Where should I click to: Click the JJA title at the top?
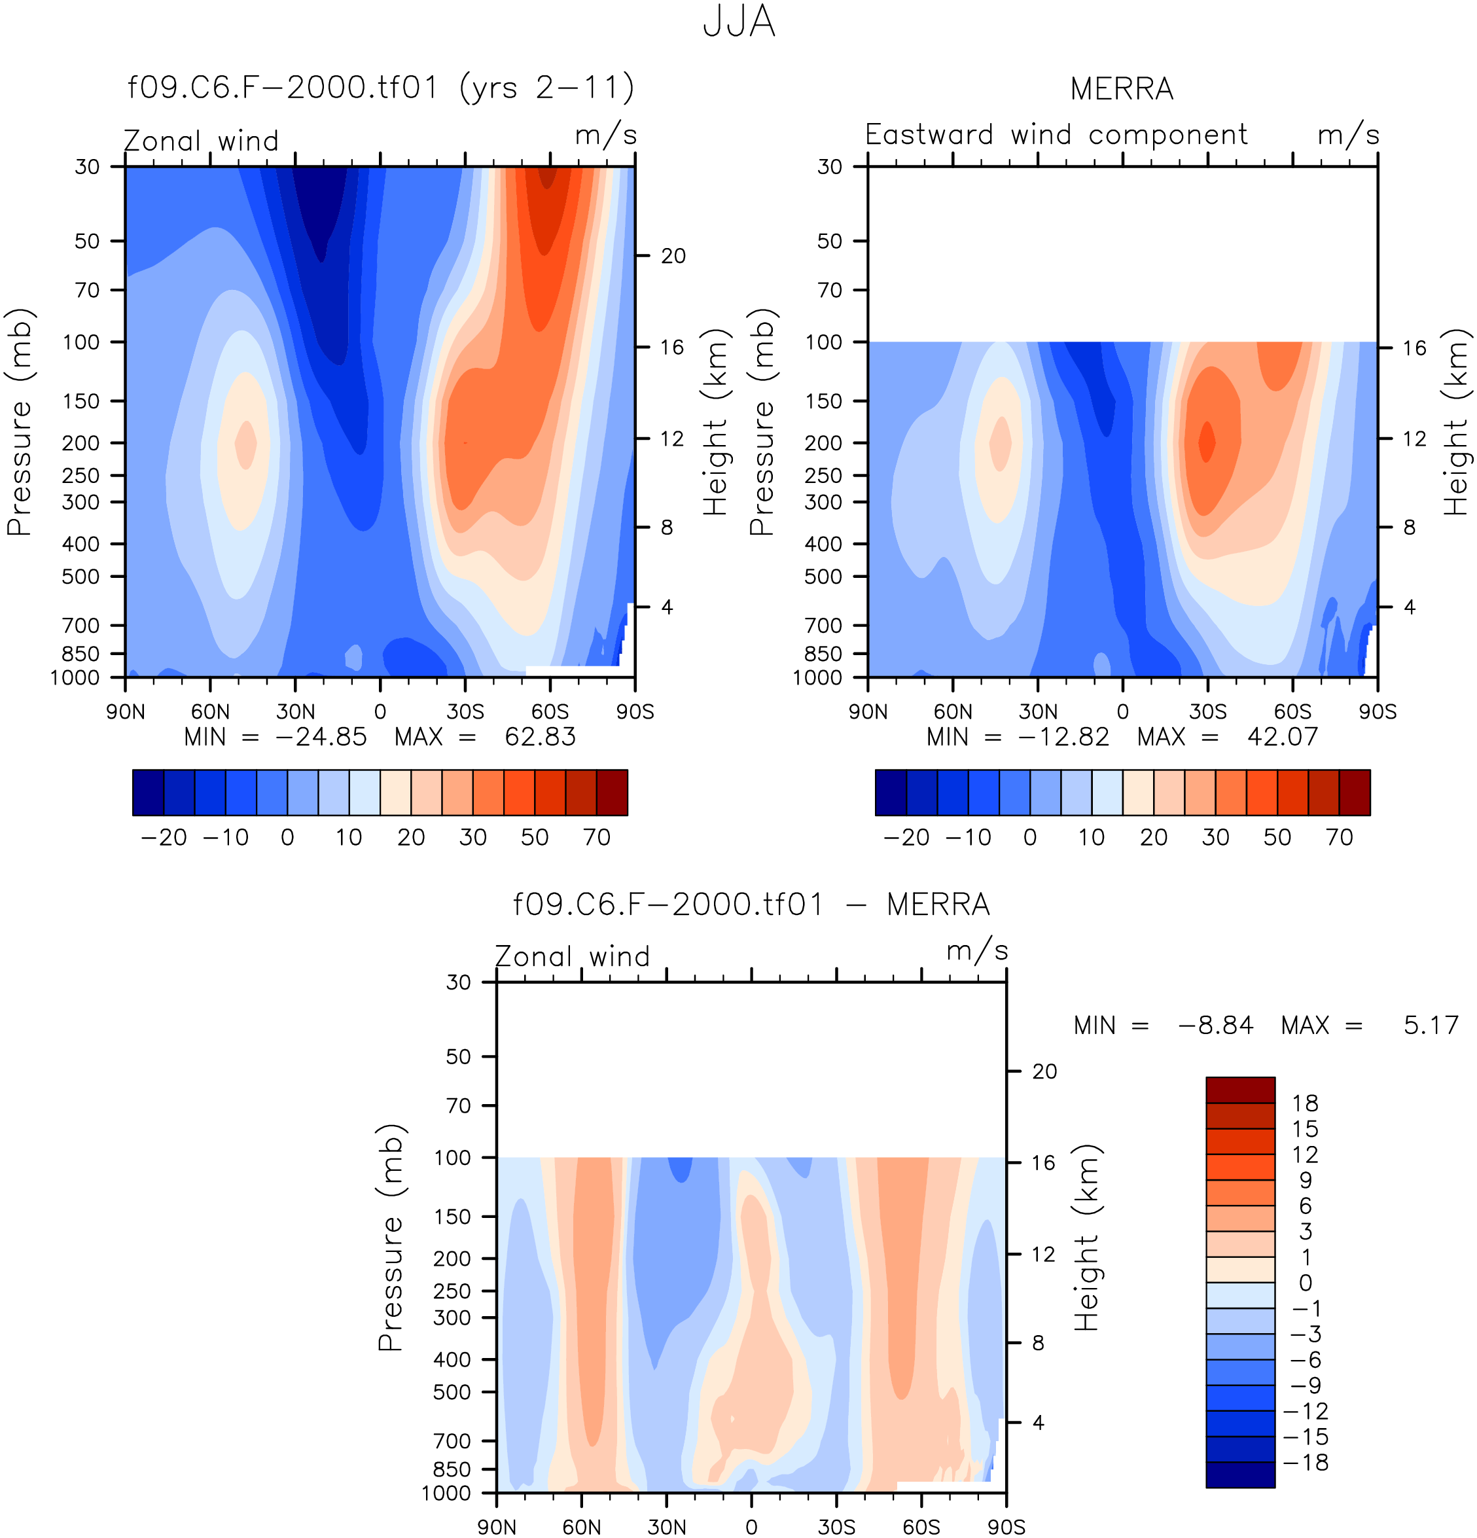click(738, 22)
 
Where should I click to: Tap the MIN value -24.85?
click(321, 737)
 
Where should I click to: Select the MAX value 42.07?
click(1283, 737)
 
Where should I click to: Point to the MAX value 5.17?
click(1431, 1025)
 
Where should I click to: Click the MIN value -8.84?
click(1216, 1025)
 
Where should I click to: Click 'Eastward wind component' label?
click(1056, 135)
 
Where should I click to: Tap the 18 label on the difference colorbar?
click(1305, 1103)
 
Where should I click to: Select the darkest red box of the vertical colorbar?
click(1240, 1090)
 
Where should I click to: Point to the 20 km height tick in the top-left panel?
click(673, 256)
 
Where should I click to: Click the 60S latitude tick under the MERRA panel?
click(1292, 711)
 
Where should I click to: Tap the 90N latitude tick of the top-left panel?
click(126, 711)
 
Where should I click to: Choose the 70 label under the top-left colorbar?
click(596, 837)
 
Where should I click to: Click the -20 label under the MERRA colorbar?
click(906, 837)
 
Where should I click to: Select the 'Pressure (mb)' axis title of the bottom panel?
click(390, 1238)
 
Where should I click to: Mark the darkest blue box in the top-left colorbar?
click(149, 793)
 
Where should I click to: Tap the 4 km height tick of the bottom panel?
click(1039, 1423)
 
